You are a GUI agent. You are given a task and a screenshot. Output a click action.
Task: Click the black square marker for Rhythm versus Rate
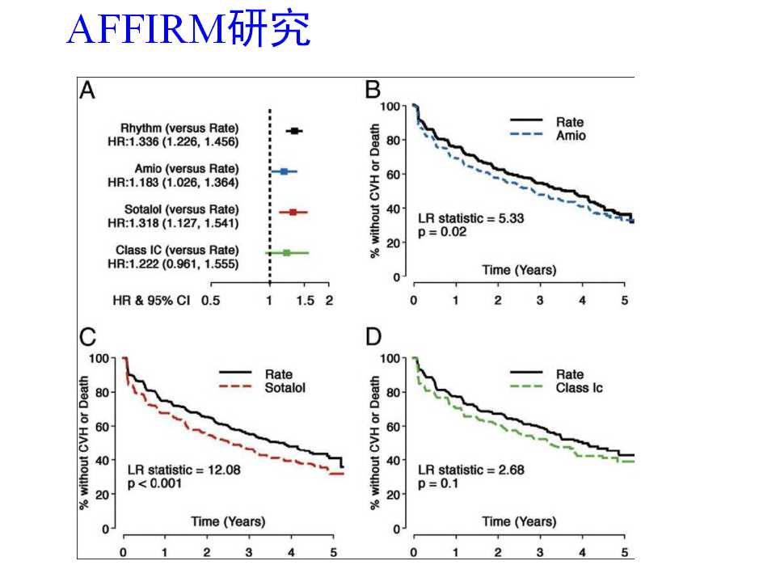[295, 130]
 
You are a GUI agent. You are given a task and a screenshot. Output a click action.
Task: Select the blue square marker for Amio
[284, 171]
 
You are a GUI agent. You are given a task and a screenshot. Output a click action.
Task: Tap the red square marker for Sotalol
[293, 212]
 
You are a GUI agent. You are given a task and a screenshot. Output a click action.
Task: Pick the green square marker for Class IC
[286, 253]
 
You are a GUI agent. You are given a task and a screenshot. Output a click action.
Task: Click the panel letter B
[373, 91]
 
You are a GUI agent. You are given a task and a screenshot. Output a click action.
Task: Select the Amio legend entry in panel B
[571, 136]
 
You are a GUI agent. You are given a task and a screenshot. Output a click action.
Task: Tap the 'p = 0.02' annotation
[442, 232]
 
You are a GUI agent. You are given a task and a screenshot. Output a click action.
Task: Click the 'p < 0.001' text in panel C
[155, 483]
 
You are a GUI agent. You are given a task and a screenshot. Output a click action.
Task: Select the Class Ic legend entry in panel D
[579, 388]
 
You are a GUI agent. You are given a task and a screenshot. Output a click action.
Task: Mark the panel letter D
[374, 338]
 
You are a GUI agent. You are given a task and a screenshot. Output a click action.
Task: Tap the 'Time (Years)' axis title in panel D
[519, 521]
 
